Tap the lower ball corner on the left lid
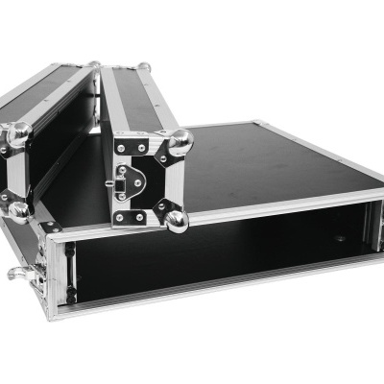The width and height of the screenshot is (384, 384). click(16, 210)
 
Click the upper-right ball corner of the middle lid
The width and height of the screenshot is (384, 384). click(180, 141)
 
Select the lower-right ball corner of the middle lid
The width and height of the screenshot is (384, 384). click(176, 222)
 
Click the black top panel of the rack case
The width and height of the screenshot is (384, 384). click(278, 173)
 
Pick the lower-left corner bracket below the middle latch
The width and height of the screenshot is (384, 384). click(122, 217)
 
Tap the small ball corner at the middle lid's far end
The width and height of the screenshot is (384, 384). click(144, 67)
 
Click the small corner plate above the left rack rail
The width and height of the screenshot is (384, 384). click(52, 227)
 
